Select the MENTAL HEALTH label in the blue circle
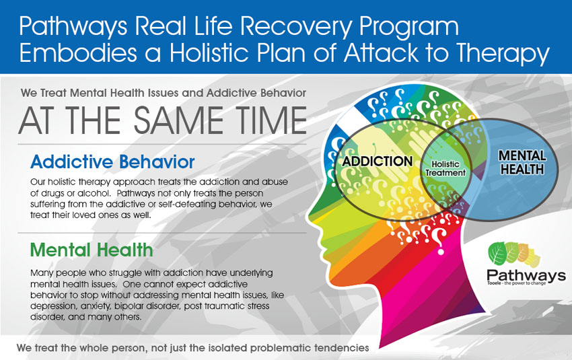[x=522, y=162]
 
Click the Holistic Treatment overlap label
[x=445, y=168]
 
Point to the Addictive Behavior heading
[x=112, y=161]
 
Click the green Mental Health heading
[x=92, y=250]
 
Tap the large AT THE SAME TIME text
[x=162, y=120]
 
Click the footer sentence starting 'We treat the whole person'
[x=193, y=348]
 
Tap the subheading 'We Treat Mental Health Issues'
[x=164, y=91]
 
